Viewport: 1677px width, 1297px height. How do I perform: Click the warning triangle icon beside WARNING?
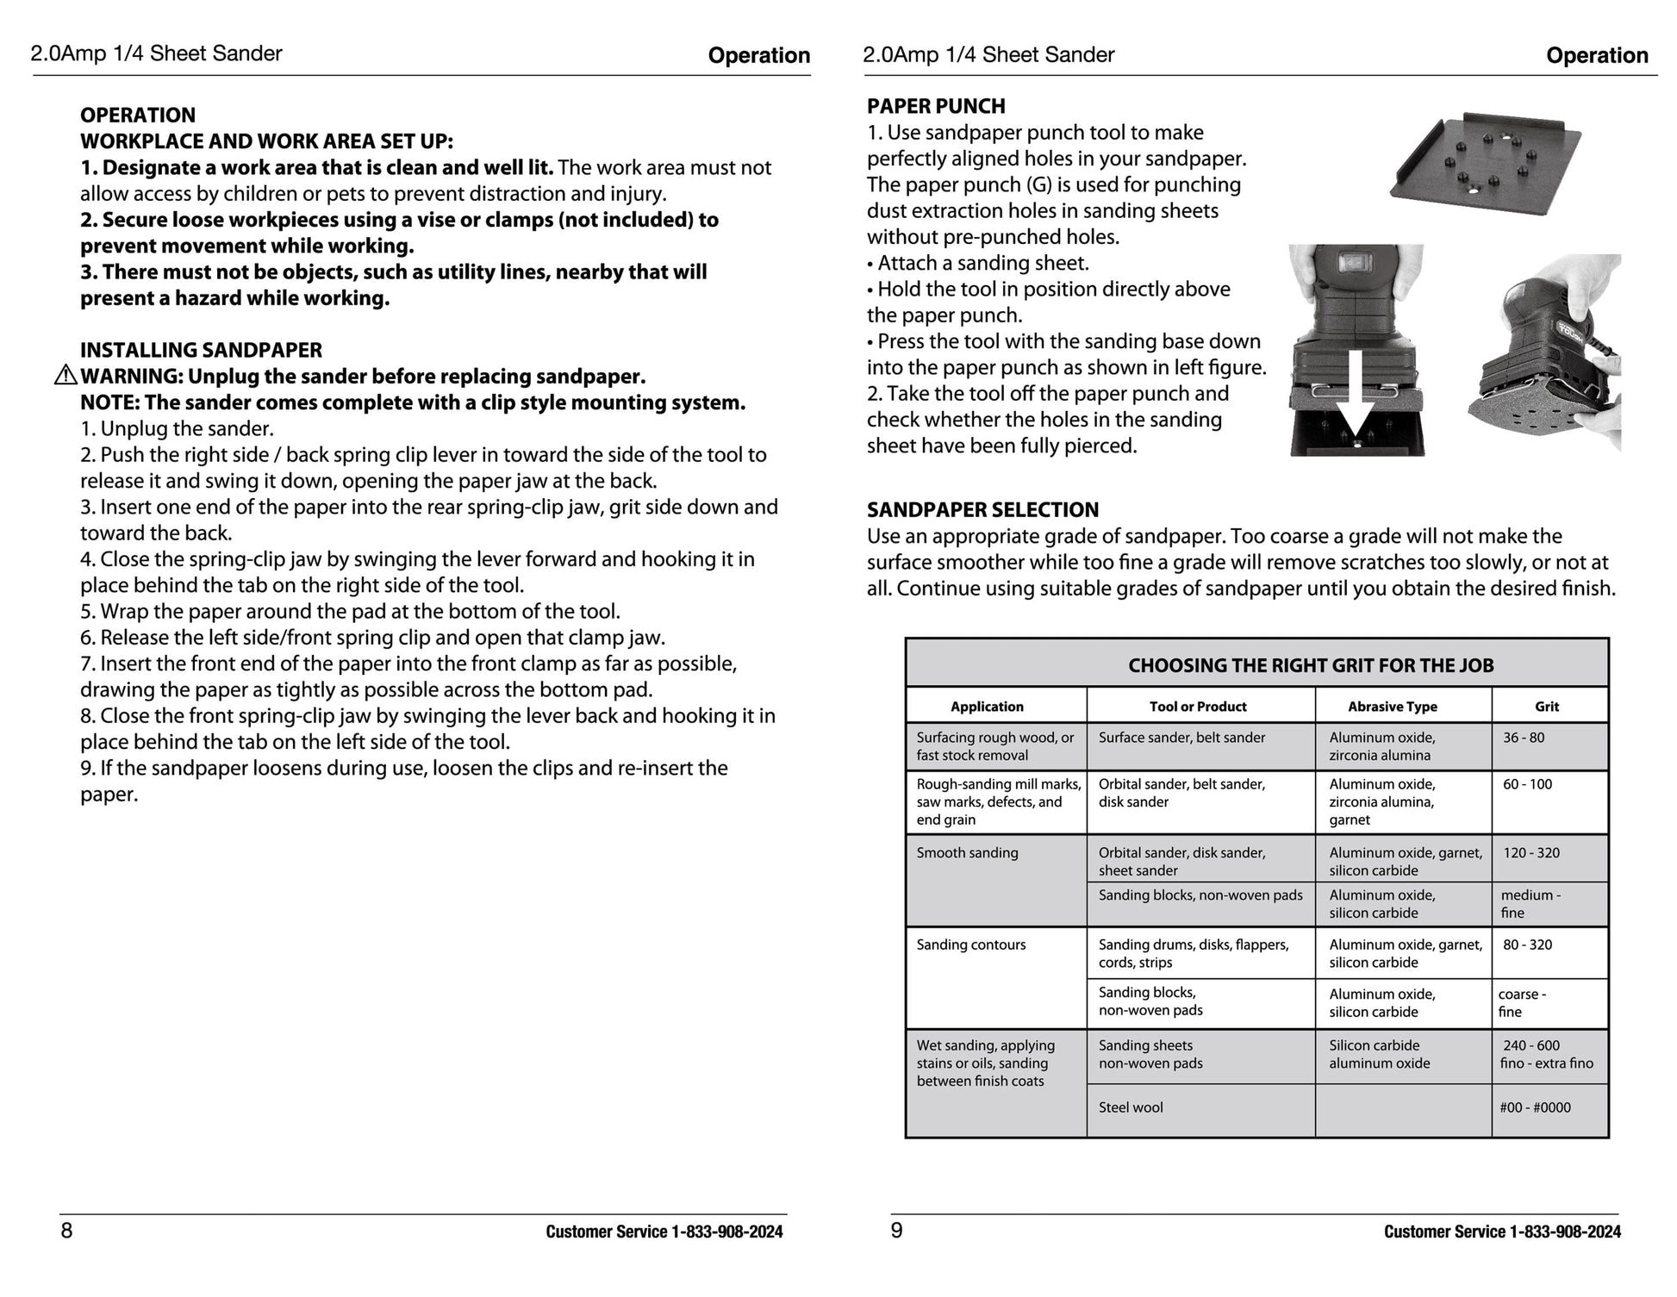tap(65, 376)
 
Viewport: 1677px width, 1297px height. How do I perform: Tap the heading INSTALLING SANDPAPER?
tap(201, 350)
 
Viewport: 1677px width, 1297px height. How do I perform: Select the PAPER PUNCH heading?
tap(936, 106)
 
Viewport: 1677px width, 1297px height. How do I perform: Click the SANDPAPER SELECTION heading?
tap(982, 509)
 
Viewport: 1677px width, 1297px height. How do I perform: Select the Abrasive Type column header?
tap(1392, 707)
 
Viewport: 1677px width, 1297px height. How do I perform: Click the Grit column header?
tap(1546, 707)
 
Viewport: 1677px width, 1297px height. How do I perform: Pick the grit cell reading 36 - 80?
tap(1524, 738)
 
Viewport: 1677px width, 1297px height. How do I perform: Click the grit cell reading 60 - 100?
tap(1527, 784)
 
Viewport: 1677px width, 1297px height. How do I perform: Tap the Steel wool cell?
tap(1130, 1107)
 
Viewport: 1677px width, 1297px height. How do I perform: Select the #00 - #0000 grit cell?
tap(1535, 1107)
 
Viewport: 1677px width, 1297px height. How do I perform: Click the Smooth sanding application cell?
tap(967, 853)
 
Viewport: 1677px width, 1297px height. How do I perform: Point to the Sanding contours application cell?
tap(971, 945)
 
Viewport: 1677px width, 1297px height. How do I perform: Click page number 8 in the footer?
tap(66, 1230)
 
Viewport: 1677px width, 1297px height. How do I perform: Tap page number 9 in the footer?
tap(896, 1230)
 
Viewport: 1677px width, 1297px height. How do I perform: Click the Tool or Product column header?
tap(1198, 707)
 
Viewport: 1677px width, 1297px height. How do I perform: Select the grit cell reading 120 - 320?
tap(1530, 853)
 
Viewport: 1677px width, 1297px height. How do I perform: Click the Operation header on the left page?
tap(758, 56)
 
